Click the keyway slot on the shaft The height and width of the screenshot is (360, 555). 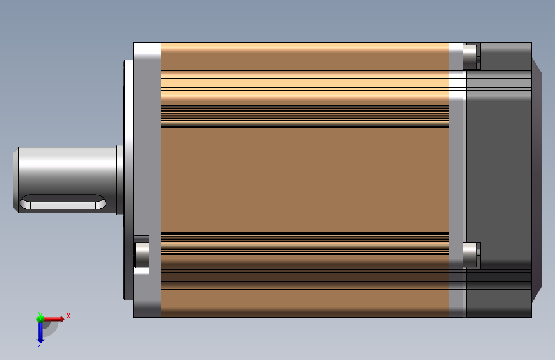(x=63, y=202)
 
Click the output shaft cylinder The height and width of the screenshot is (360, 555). (x=67, y=180)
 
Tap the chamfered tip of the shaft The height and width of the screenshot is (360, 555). (x=15, y=180)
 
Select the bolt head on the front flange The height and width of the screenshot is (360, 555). (x=141, y=255)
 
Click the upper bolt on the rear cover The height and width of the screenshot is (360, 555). (x=470, y=56)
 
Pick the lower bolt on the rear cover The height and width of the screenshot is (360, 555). (x=470, y=256)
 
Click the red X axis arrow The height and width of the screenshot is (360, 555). (x=53, y=319)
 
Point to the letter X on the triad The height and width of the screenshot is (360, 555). (x=68, y=316)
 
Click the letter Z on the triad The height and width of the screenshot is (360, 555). (x=40, y=345)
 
